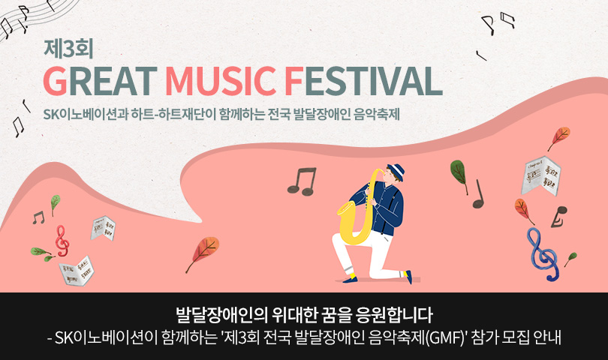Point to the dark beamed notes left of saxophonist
[x=302, y=181]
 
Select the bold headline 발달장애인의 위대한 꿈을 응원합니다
[x=304, y=312]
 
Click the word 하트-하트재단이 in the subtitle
[x=168, y=116]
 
